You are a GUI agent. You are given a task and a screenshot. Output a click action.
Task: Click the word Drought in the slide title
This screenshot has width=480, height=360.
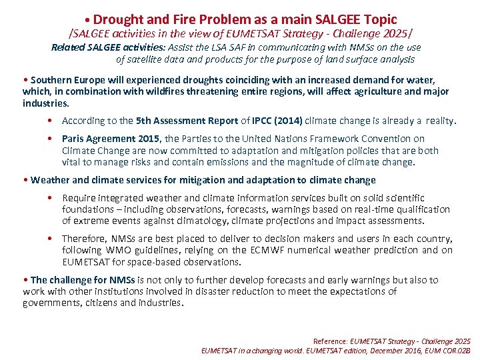point(119,19)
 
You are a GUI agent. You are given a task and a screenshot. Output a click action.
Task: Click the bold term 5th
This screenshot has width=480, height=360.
point(144,121)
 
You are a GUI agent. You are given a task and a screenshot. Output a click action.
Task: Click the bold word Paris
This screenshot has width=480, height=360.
point(75,139)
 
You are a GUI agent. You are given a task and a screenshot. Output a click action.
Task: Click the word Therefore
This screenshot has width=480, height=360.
point(84,239)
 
